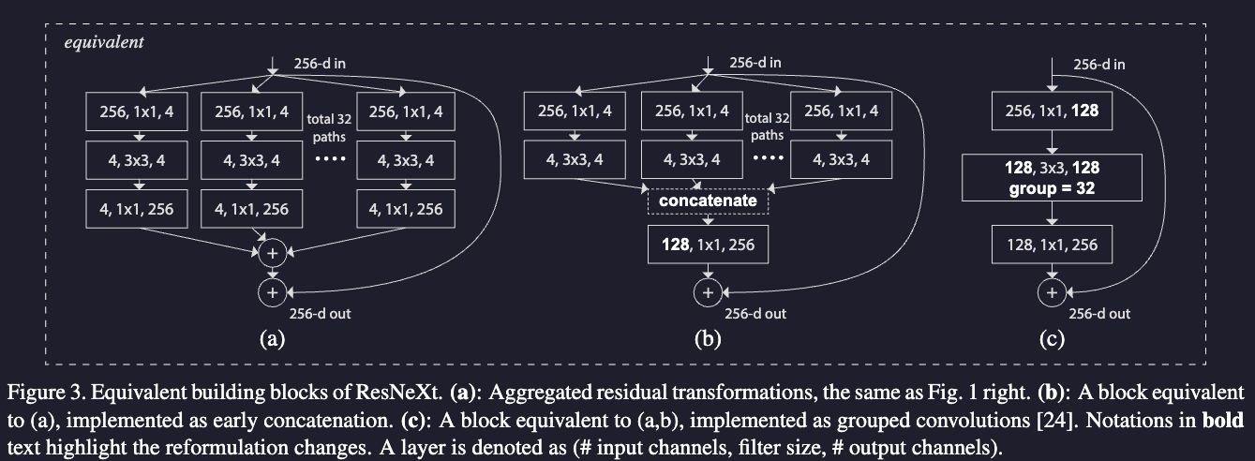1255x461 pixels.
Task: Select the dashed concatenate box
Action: tap(708, 201)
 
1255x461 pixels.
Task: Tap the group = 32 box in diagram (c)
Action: tap(1053, 177)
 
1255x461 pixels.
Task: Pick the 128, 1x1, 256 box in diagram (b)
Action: tap(708, 245)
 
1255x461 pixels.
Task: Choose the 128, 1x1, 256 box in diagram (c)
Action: tap(1053, 245)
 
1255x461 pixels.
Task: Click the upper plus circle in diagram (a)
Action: tap(272, 254)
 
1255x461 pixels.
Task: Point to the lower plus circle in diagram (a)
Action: tap(272, 292)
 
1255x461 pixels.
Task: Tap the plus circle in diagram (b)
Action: tap(708, 292)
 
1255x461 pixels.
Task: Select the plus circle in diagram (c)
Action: tap(1052, 292)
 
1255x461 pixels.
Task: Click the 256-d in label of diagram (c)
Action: tap(1099, 65)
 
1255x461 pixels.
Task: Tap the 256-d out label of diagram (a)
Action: tap(320, 314)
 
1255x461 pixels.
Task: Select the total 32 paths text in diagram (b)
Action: tap(767, 126)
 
